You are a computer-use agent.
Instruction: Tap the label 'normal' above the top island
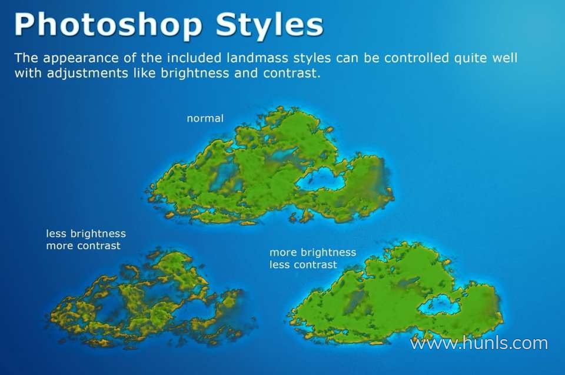pyautogui.click(x=205, y=118)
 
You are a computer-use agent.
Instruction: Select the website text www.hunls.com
pyautogui.click(x=479, y=343)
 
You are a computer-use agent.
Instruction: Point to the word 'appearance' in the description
pyautogui.click(x=81, y=59)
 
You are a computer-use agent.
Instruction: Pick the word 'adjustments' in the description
pyautogui.click(x=87, y=74)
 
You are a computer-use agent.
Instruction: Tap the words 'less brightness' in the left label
pyautogui.click(x=86, y=234)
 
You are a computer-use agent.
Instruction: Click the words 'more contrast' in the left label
pyautogui.click(x=83, y=246)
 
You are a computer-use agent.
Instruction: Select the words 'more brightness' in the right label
pyautogui.click(x=313, y=253)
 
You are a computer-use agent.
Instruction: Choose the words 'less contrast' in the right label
pyautogui.click(x=304, y=265)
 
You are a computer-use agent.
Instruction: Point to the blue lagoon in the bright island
pyautogui.click(x=438, y=304)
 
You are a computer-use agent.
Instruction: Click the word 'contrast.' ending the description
pyautogui.click(x=291, y=73)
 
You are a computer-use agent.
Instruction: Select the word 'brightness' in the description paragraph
pyautogui.click(x=195, y=74)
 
